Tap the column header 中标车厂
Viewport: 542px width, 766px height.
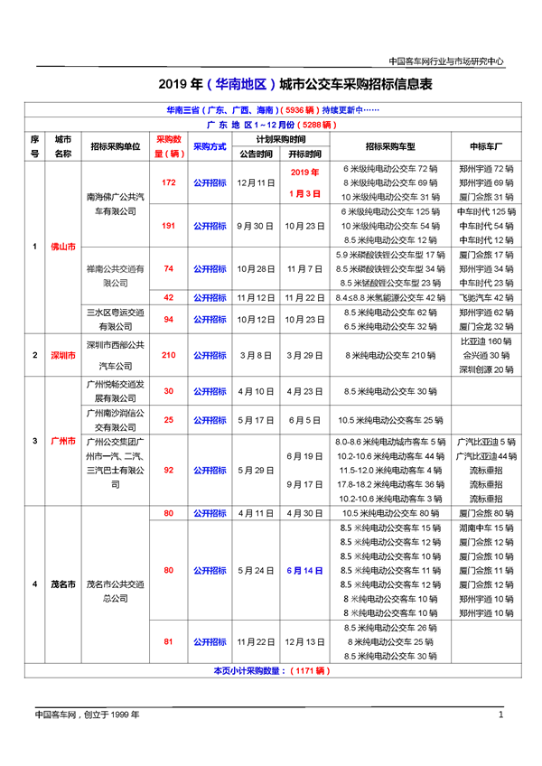[x=486, y=146]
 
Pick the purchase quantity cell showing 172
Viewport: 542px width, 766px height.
[x=168, y=182]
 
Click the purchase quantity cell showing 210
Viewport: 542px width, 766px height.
[x=168, y=355]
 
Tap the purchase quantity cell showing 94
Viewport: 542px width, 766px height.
[x=168, y=319]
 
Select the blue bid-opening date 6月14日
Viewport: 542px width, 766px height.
[x=304, y=571]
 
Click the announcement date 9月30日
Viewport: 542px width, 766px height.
[x=255, y=226]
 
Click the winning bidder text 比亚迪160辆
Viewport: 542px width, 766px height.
[x=486, y=342]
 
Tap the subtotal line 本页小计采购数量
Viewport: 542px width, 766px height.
[x=270, y=671]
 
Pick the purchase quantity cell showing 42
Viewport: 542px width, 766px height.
[x=168, y=297]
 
